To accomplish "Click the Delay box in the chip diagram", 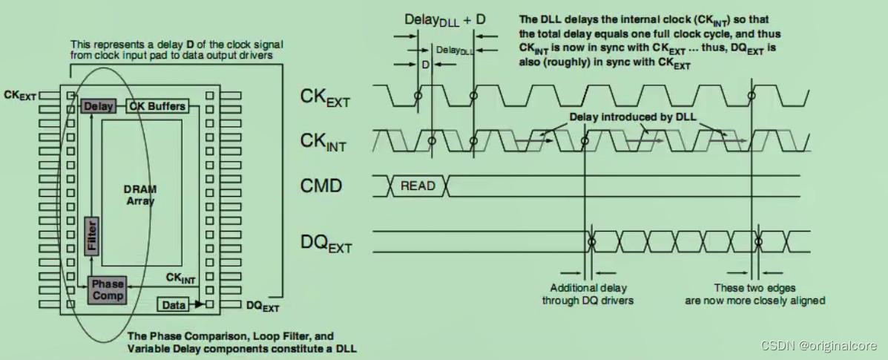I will coord(98,106).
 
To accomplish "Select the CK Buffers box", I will coord(157,106).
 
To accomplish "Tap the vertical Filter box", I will coord(91,235).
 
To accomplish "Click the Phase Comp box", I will coord(107,289).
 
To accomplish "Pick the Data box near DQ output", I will coord(174,304).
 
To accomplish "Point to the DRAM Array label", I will coord(140,195).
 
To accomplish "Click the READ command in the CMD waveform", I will coord(418,186).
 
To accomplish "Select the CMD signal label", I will coord(321,186).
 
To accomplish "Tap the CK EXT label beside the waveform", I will coord(324,98).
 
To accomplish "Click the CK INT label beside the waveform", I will coord(324,141).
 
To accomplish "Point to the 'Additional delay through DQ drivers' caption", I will coord(587,294).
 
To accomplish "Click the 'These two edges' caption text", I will coord(754,287).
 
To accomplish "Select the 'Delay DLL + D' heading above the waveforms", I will coord(445,19).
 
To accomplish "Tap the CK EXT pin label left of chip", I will coord(19,95).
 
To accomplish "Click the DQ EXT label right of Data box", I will coord(263,305).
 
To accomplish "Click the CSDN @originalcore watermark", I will coord(818,346).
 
